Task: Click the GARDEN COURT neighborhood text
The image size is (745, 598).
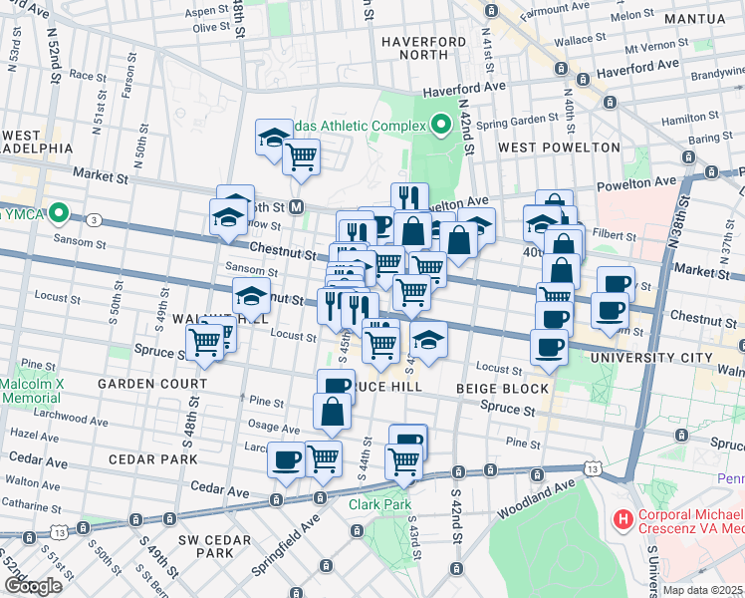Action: [x=152, y=383]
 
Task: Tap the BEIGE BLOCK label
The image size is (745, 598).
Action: [x=502, y=388]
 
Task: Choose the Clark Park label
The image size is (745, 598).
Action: [x=379, y=504]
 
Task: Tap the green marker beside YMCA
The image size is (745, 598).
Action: [x=59, y=212]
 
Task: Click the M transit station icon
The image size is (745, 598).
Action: [x=295, y=207]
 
